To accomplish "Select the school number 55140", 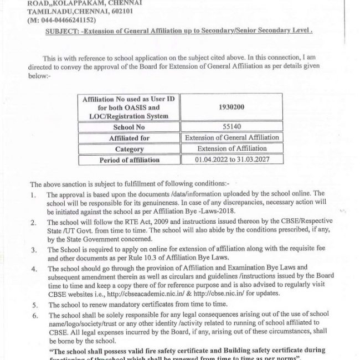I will tap(231, 127).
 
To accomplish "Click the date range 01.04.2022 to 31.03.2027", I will tap(232, 160).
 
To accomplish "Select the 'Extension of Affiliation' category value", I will tap(232, 149).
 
